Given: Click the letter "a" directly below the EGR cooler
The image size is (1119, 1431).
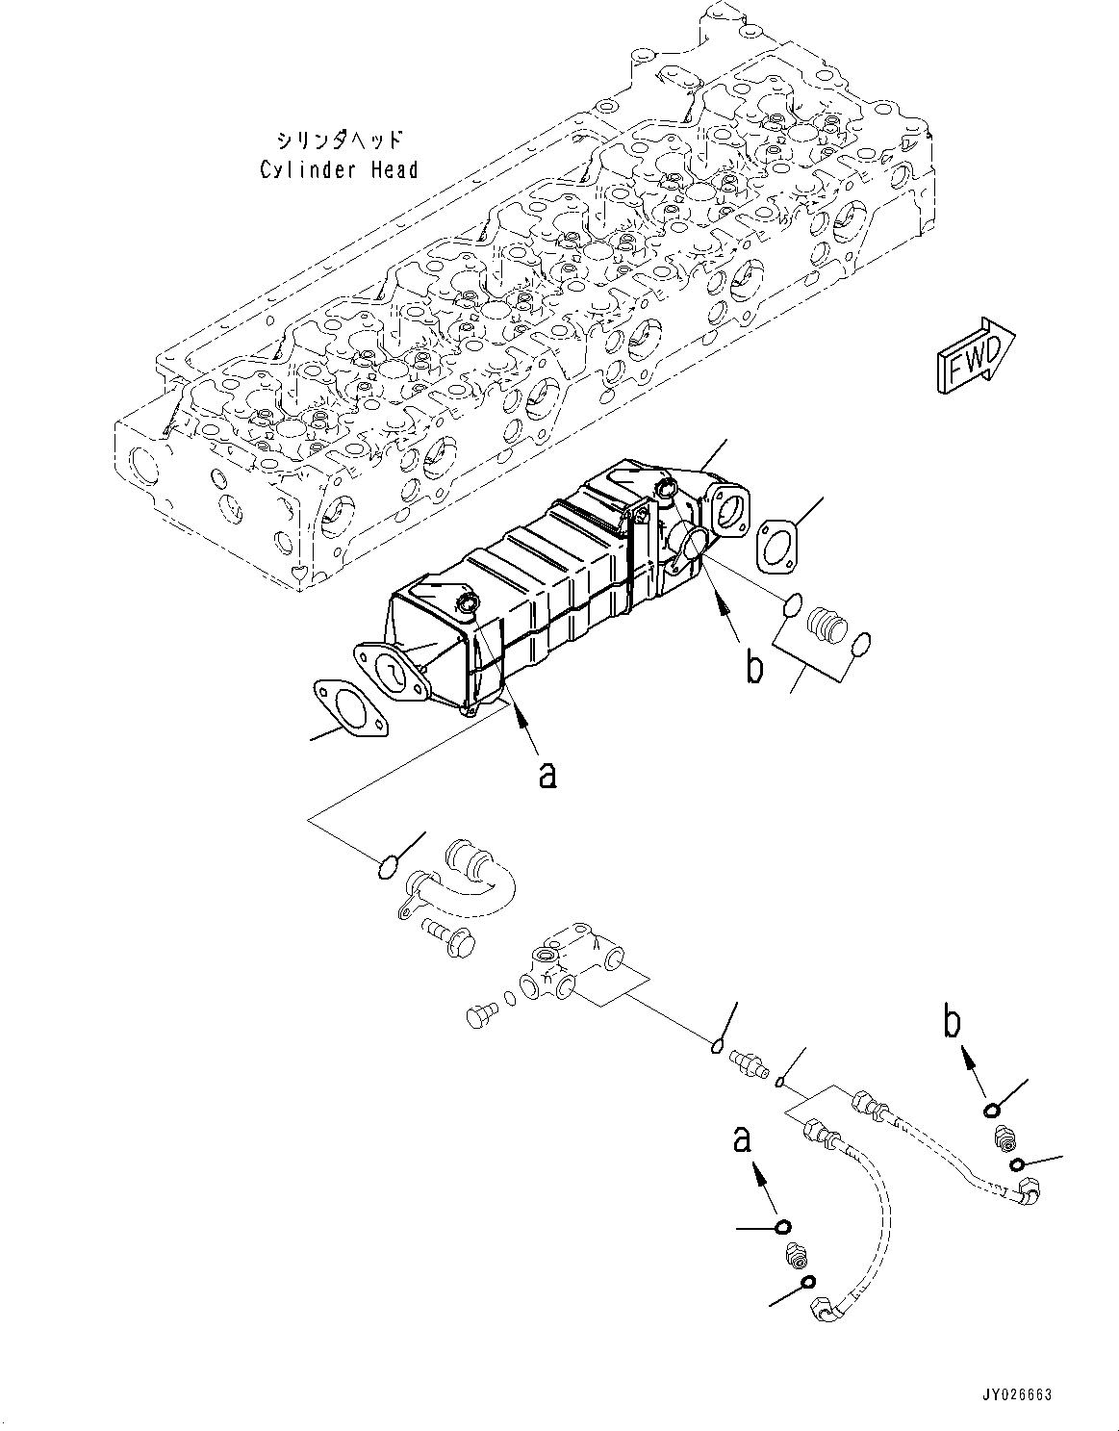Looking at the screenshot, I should click(x=547, y=772).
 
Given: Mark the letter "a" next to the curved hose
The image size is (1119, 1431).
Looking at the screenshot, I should click(x=742, y=1140).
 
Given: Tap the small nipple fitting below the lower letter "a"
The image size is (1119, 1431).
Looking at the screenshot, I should click(x=797, y=1256).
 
